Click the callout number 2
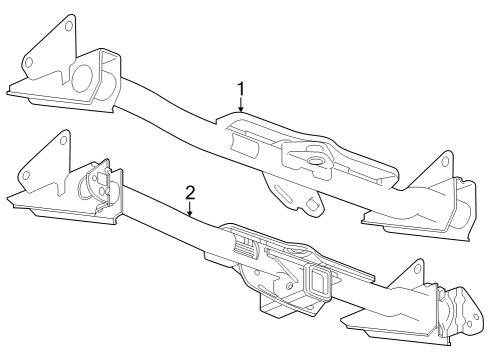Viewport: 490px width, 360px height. tap(189, 190)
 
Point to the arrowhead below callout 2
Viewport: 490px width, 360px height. tap(189, 216)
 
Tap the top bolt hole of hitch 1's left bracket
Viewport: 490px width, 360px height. tap(69, 27)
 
